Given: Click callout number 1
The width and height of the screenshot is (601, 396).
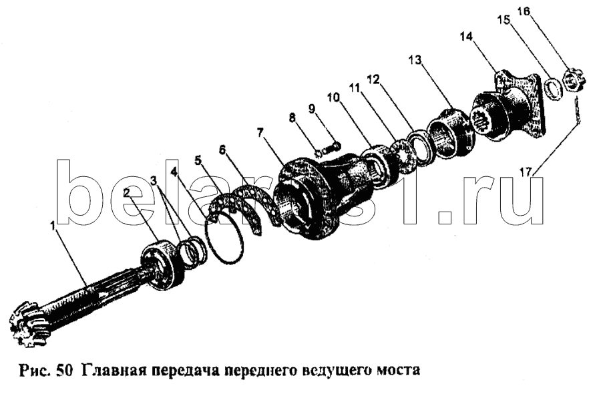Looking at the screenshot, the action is [x=53, y=226].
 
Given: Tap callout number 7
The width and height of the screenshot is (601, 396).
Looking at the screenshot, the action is [x=260, y=133].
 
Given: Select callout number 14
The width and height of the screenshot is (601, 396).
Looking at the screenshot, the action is [x=466, y=37].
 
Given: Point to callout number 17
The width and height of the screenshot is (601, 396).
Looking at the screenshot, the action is [x=526, y=172].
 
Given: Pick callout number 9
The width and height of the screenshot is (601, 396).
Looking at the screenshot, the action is [x=312, y=110].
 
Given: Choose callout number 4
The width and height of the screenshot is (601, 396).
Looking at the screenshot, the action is [x=174, y=172].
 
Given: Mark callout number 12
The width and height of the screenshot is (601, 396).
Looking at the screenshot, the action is [x=373, y=79].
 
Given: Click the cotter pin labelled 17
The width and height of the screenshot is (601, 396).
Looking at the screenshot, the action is [x=577, y=111].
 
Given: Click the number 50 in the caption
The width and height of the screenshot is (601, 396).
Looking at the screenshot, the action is [x=64, y=371].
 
